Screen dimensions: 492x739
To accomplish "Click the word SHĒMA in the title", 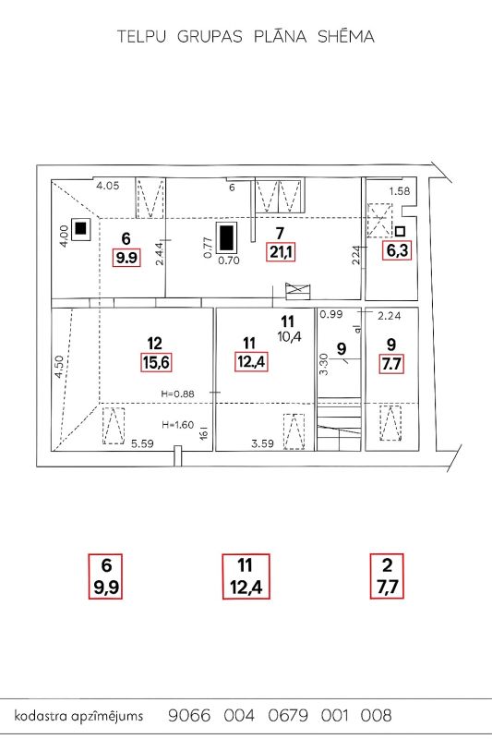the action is pyautogui.click(x=346, y=36).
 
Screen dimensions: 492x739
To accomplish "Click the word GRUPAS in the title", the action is pyautogui.click(x=210, y=37).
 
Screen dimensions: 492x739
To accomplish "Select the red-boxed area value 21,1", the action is pyautogui.click(x=281, y=252).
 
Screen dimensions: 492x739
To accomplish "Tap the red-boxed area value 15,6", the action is pyautogui.click(x=156, y=363).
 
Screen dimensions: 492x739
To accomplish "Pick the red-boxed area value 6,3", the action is pyautogui.click(x=396, y=250).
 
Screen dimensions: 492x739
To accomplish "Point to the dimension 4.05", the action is pyautogui.click(x=108, y=186).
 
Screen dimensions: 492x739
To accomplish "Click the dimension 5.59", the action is pyautogui.click(x=142, y=443).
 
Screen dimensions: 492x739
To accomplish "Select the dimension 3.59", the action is pyautogui.click(x=263, y=443).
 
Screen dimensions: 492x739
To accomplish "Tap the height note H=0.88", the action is pyautogui.click(x=177, y=394).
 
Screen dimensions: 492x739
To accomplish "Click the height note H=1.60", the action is pyautogui.click(x=177, y=425).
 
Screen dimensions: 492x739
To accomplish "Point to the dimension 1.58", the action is pyautogui.click(x=400, y=191).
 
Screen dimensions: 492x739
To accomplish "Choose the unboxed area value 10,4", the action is pyautogui.click(x=290, y=336).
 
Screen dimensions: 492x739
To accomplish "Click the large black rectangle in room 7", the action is pyautogui.click(x=227, y=238).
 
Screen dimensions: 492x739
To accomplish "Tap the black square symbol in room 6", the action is pyautogui.click(x=81, y=228).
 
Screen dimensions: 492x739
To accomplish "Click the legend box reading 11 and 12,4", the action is pyautogui.click(x=246, y=576).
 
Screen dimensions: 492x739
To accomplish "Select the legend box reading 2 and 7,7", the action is pyautogui.click(x=387, y=575).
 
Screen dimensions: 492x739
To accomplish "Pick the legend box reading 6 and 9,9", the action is pyautogui.click(x=106, y=575).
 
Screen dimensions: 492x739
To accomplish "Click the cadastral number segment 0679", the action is pyautogui.click(x=288, y=715).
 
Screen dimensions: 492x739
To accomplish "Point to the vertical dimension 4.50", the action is pyautogui.click(x=58, y=367).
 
